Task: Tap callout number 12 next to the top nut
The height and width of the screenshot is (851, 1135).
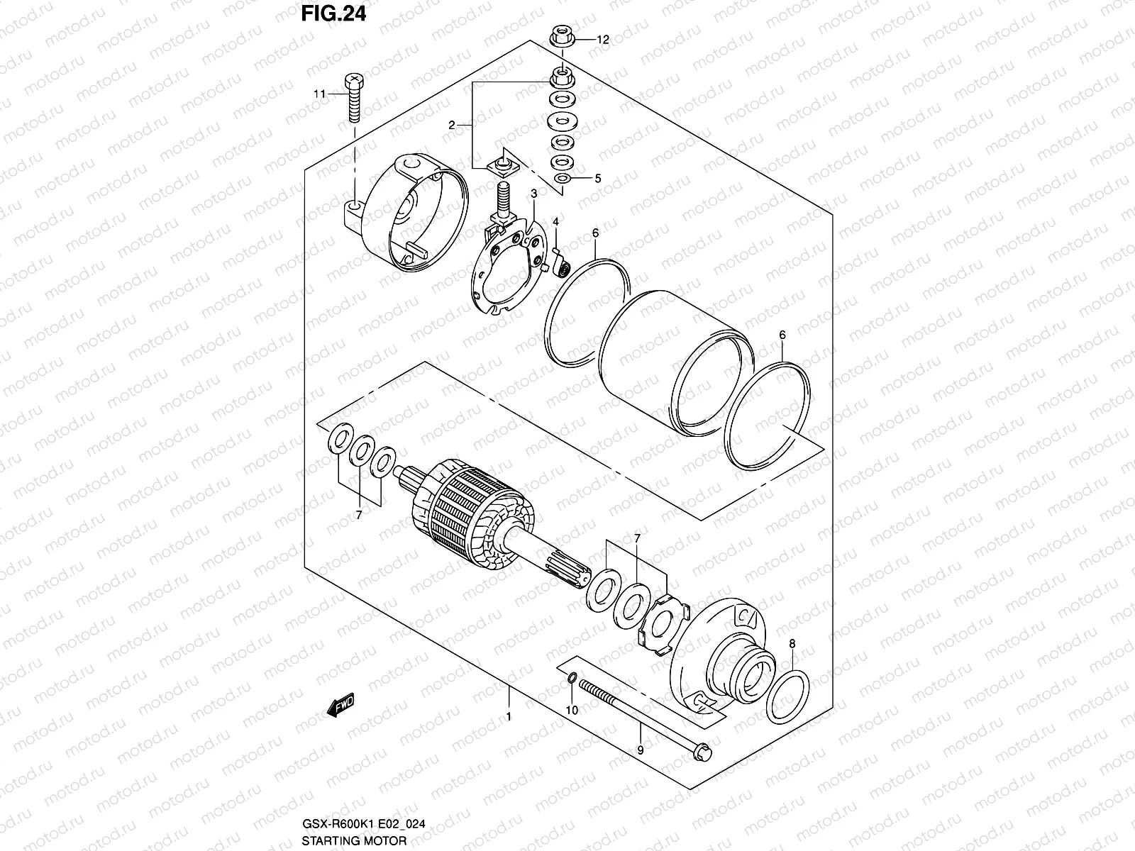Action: point(602,40)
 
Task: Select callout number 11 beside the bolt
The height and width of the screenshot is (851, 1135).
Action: point(320,94)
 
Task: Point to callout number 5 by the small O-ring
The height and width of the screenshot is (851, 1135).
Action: point(597,179)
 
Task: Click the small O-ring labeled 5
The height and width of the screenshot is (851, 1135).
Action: point(561,179)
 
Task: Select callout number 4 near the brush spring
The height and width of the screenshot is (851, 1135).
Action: point(556,222)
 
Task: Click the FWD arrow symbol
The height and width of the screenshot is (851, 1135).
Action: point(340,706)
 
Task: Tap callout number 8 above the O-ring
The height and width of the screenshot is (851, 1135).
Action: point(792,644)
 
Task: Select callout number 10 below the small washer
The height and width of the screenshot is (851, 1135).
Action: point(572,709)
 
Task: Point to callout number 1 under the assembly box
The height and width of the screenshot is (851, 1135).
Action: point(509,716)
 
